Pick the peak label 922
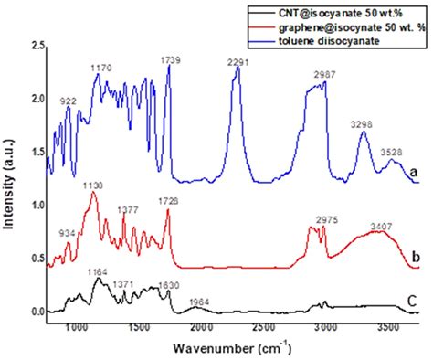pos(69,101)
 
